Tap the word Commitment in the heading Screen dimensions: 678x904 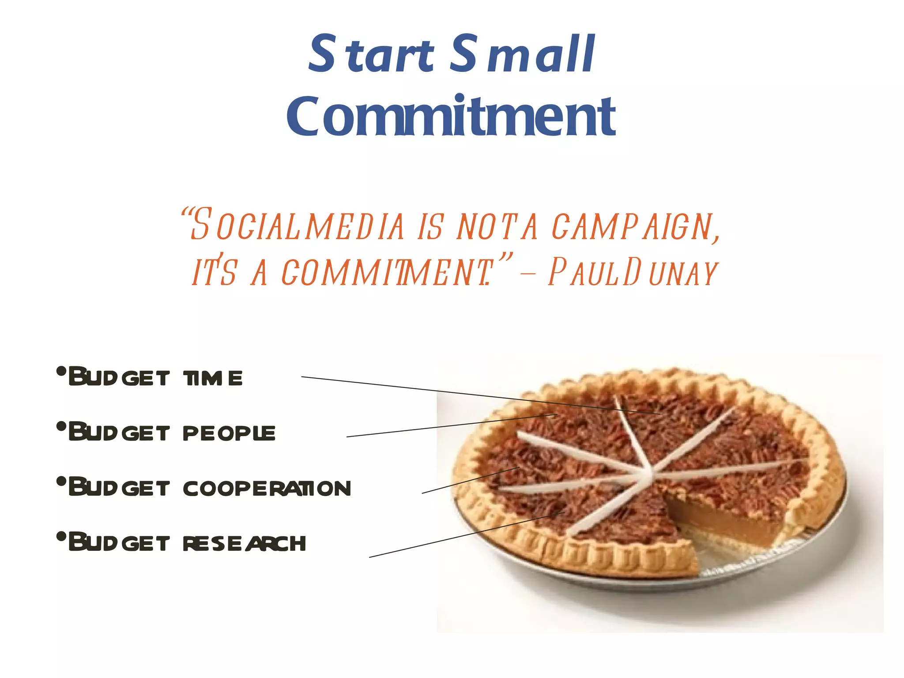[451, 116]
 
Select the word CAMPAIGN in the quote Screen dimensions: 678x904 [634, 226]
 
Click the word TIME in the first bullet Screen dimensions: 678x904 [213, 378]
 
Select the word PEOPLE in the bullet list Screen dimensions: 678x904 [229, 433]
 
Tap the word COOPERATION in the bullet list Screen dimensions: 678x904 [267, 488]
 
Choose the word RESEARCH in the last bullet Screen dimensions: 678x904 [244, 543]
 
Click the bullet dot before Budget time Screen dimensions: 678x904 [61, 371]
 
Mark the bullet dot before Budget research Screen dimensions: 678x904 [61, 536]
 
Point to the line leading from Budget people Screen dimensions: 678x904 [441, 426]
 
